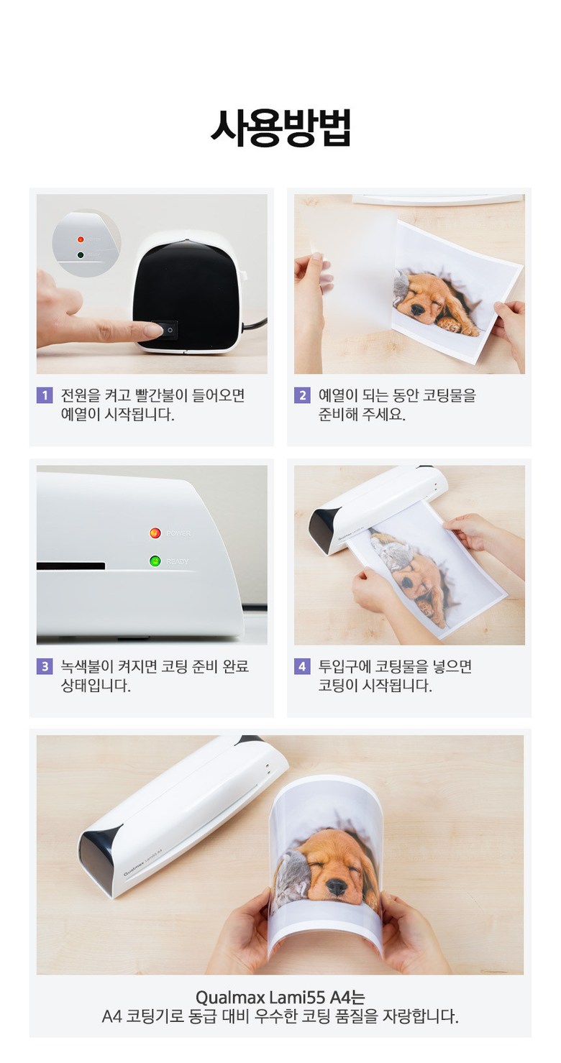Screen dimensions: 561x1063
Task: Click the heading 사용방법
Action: [x=280, y=128]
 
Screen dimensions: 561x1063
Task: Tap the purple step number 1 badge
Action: [x=45, y=395]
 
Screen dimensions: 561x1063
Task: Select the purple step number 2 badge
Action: [x=302, y=395]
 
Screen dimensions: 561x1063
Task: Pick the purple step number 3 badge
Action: [x=45, y=666]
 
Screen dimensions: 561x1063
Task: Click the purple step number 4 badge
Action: [x=302, y=666]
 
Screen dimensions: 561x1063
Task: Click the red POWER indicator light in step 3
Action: [x=155, y=533]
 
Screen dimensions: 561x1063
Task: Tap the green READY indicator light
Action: [x=155, y=561]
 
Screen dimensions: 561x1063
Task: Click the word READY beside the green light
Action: [x=178, y=561]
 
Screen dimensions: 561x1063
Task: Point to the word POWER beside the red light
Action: [x=178, y=533]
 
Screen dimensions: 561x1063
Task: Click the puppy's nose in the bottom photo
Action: [x=337, y=884]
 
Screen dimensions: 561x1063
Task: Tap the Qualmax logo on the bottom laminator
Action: [x=134, y=871]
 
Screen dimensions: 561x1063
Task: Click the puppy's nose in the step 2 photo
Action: [x=416, y=309]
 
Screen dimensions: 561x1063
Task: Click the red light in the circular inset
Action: [x=81, y=239]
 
